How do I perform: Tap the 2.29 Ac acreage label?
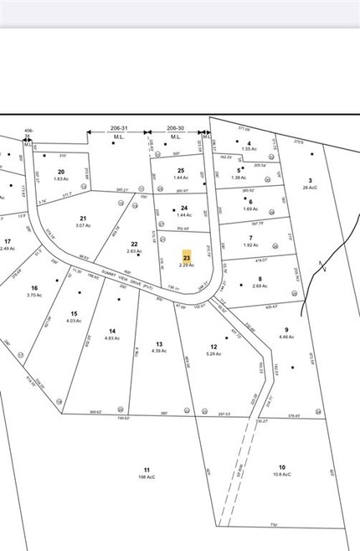coord(187,265)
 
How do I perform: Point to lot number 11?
coord(147,471)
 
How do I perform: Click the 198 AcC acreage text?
coord(147,478)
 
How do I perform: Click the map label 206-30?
coord(175,129)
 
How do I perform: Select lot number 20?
coord(61,171)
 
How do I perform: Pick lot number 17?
coord(8,240)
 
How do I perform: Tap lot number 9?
coord(286,329)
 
